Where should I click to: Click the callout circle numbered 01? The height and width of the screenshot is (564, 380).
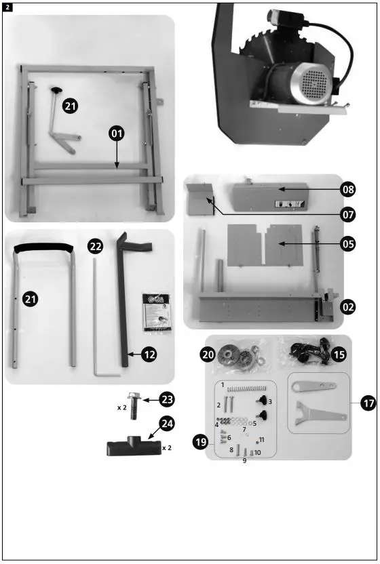tap(117, 134)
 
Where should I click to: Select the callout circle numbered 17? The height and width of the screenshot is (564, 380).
tap(368, 403)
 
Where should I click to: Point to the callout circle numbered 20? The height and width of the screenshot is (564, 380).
tap(207, 353)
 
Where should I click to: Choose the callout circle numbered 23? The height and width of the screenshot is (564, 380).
tap(168, 399)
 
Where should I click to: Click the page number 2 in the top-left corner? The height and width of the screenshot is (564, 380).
tap(7, 7)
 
